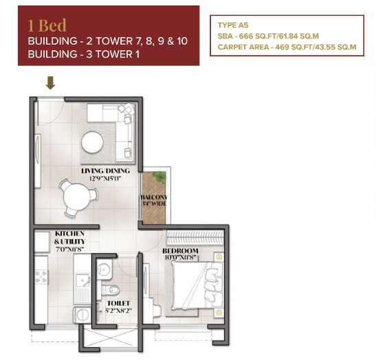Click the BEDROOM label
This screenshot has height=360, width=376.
(180, 251)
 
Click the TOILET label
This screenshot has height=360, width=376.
(118, 303)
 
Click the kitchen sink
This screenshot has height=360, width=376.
(80, 284)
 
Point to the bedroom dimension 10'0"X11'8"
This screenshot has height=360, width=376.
(180, 259)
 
